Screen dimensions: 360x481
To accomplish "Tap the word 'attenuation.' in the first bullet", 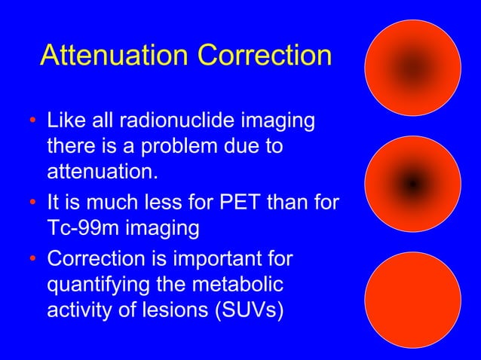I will tap(103, 172).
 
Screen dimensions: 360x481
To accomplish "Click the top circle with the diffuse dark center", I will tap(412, 68).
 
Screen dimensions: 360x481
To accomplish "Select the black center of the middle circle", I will tap(412, 183).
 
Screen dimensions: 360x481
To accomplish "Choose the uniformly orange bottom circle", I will tap(412, 300).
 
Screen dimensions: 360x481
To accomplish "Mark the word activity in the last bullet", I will tap(78, 310).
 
